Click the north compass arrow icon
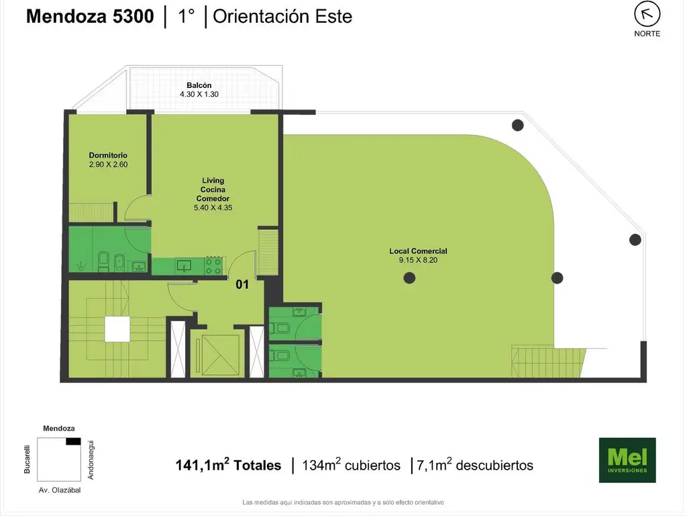point(647,15)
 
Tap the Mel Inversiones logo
point(627,460)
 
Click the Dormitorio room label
point(108,155)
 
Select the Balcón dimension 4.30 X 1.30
point(199,94)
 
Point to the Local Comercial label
point(418,251)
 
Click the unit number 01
point(242,284)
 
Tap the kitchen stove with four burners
point(213,265)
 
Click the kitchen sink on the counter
point(184,265)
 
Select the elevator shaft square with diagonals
point(218,355)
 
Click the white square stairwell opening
point(117,329)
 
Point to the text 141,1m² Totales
point(228,465)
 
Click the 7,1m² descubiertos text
point(475,465)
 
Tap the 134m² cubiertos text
point(351,465)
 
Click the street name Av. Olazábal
point(60,490)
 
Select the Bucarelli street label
point(27,460)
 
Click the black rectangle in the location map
point(73,441)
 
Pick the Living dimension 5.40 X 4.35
point(213,208)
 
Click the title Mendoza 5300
point(91,17)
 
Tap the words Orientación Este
point(282,17)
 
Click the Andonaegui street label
point(91,460)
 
